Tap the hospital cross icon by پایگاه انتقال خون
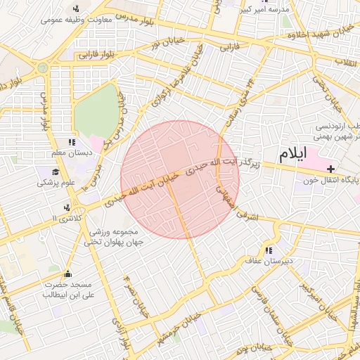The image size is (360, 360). pos(331,169)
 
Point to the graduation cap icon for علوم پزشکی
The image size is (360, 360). pos(55,172)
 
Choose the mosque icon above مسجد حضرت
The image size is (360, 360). pos(67,274)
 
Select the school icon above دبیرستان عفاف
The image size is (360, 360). pos(269,250)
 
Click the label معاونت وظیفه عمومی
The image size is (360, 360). pos(77,19)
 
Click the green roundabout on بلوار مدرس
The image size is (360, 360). pos(43,67)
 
